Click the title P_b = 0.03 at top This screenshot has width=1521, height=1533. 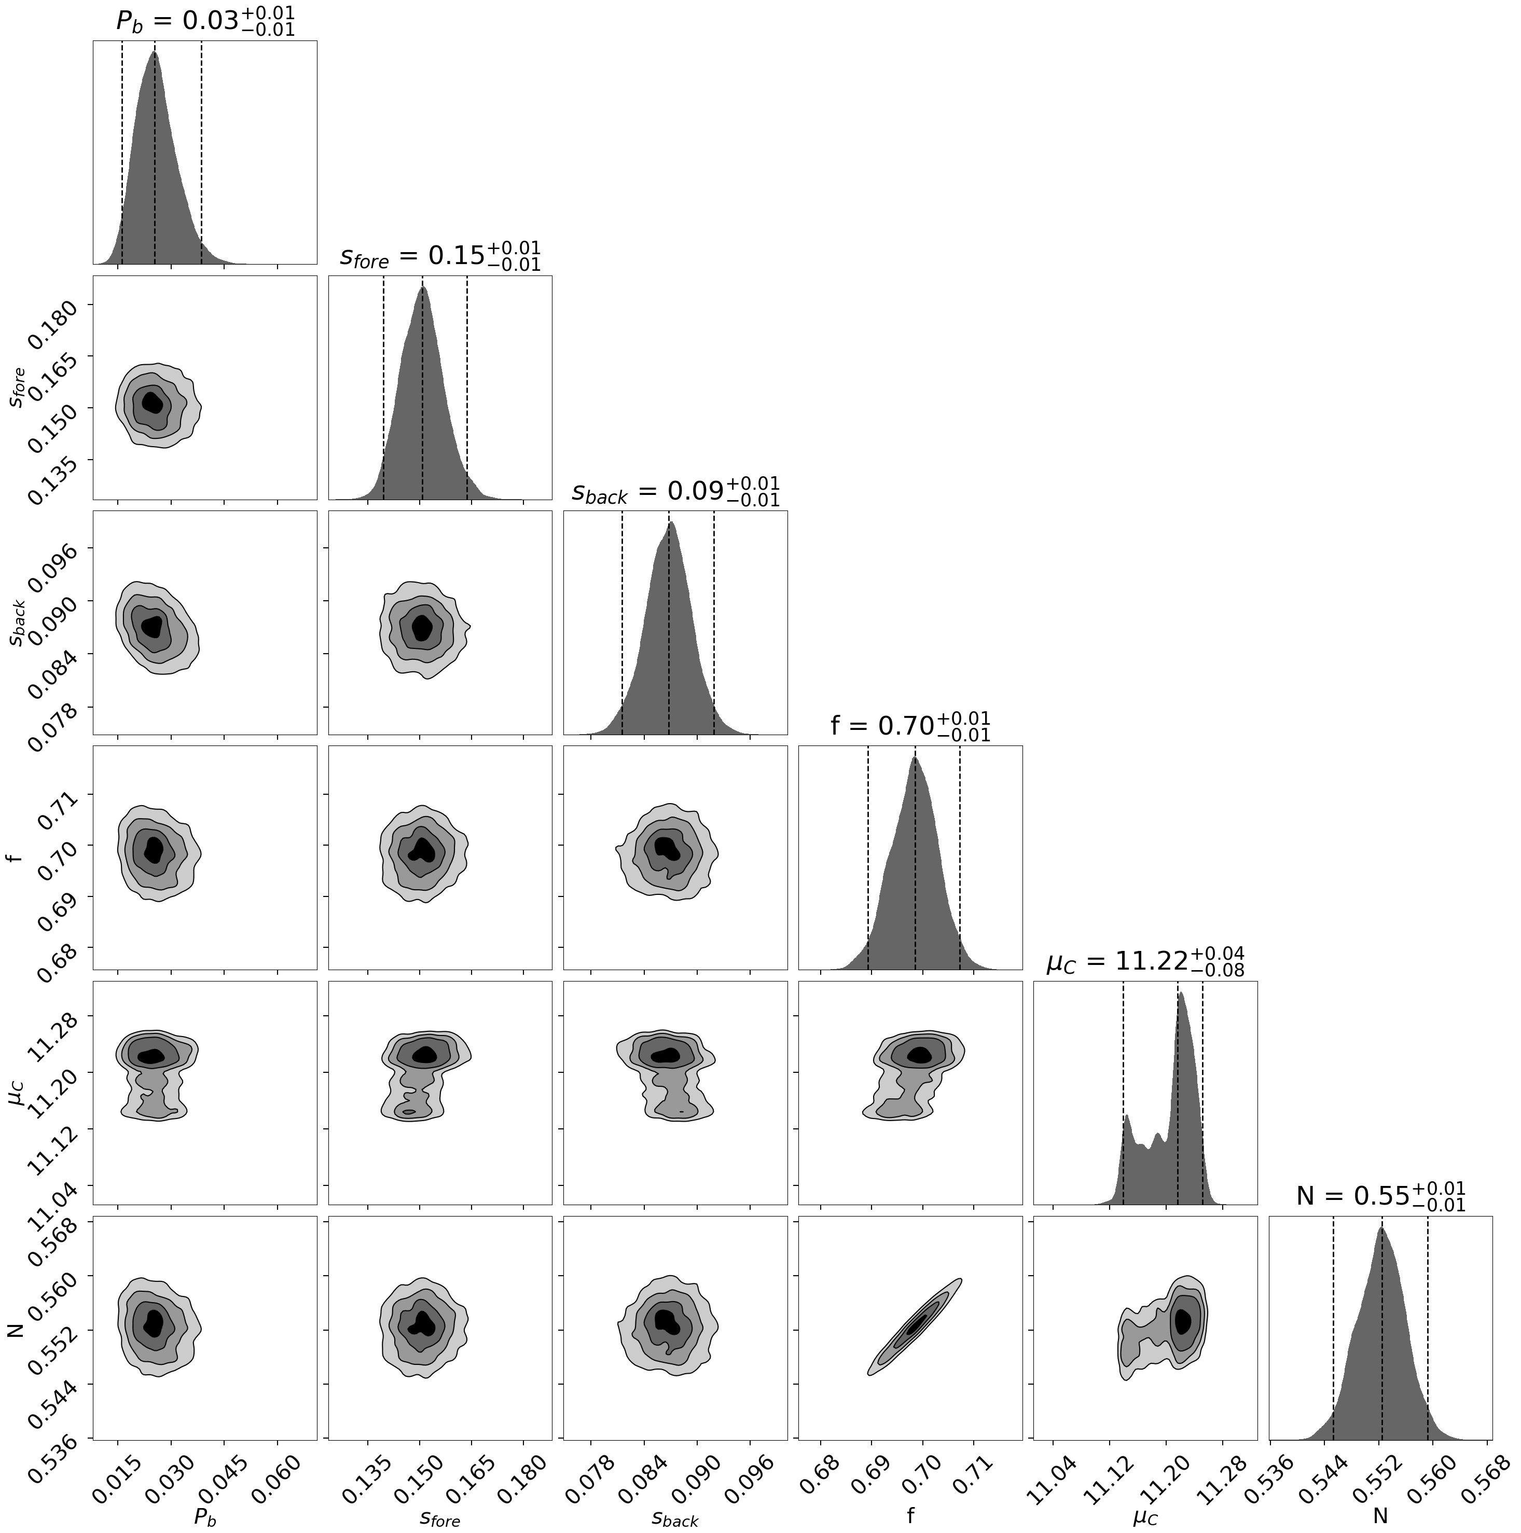point(205,21)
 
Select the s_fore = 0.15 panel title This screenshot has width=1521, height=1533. point(439,256)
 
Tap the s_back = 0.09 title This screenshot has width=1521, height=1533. point(675,491)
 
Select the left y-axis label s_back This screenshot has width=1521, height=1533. point(18,624)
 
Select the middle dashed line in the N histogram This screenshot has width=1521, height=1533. point(1381,1333)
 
